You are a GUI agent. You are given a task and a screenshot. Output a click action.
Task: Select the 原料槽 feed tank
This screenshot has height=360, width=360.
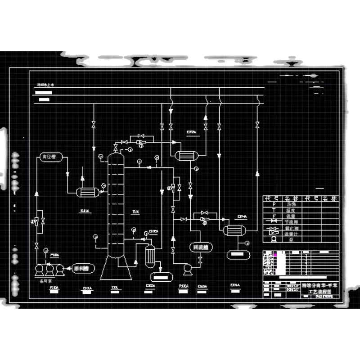point(81,268)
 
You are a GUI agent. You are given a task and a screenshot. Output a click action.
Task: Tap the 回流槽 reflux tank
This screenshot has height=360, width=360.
point(199,247)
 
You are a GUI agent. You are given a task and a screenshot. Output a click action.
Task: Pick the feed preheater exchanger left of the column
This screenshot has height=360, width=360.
point(87,192)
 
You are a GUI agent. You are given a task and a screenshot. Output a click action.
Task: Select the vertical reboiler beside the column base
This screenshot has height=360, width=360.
point(150,255)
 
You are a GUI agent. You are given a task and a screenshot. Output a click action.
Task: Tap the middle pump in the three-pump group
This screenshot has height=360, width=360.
point(49,269)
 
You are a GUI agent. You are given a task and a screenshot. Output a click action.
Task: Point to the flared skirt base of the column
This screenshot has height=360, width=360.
point(116,269)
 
